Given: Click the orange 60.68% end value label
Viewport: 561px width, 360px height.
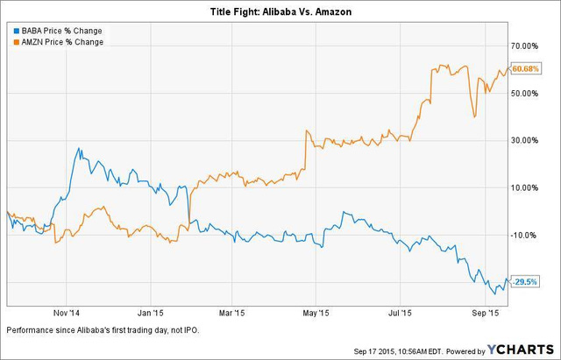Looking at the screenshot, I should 524,68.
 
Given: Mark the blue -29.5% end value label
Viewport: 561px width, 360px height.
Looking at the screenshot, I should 524,281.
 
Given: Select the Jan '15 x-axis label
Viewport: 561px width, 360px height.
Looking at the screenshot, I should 151,313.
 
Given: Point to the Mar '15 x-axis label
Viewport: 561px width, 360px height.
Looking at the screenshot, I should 231,313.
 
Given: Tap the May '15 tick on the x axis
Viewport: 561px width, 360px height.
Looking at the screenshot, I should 316,313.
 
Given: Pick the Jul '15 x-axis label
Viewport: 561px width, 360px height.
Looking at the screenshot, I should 401,313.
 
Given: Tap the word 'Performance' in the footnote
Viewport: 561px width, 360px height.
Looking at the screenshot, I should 30,329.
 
